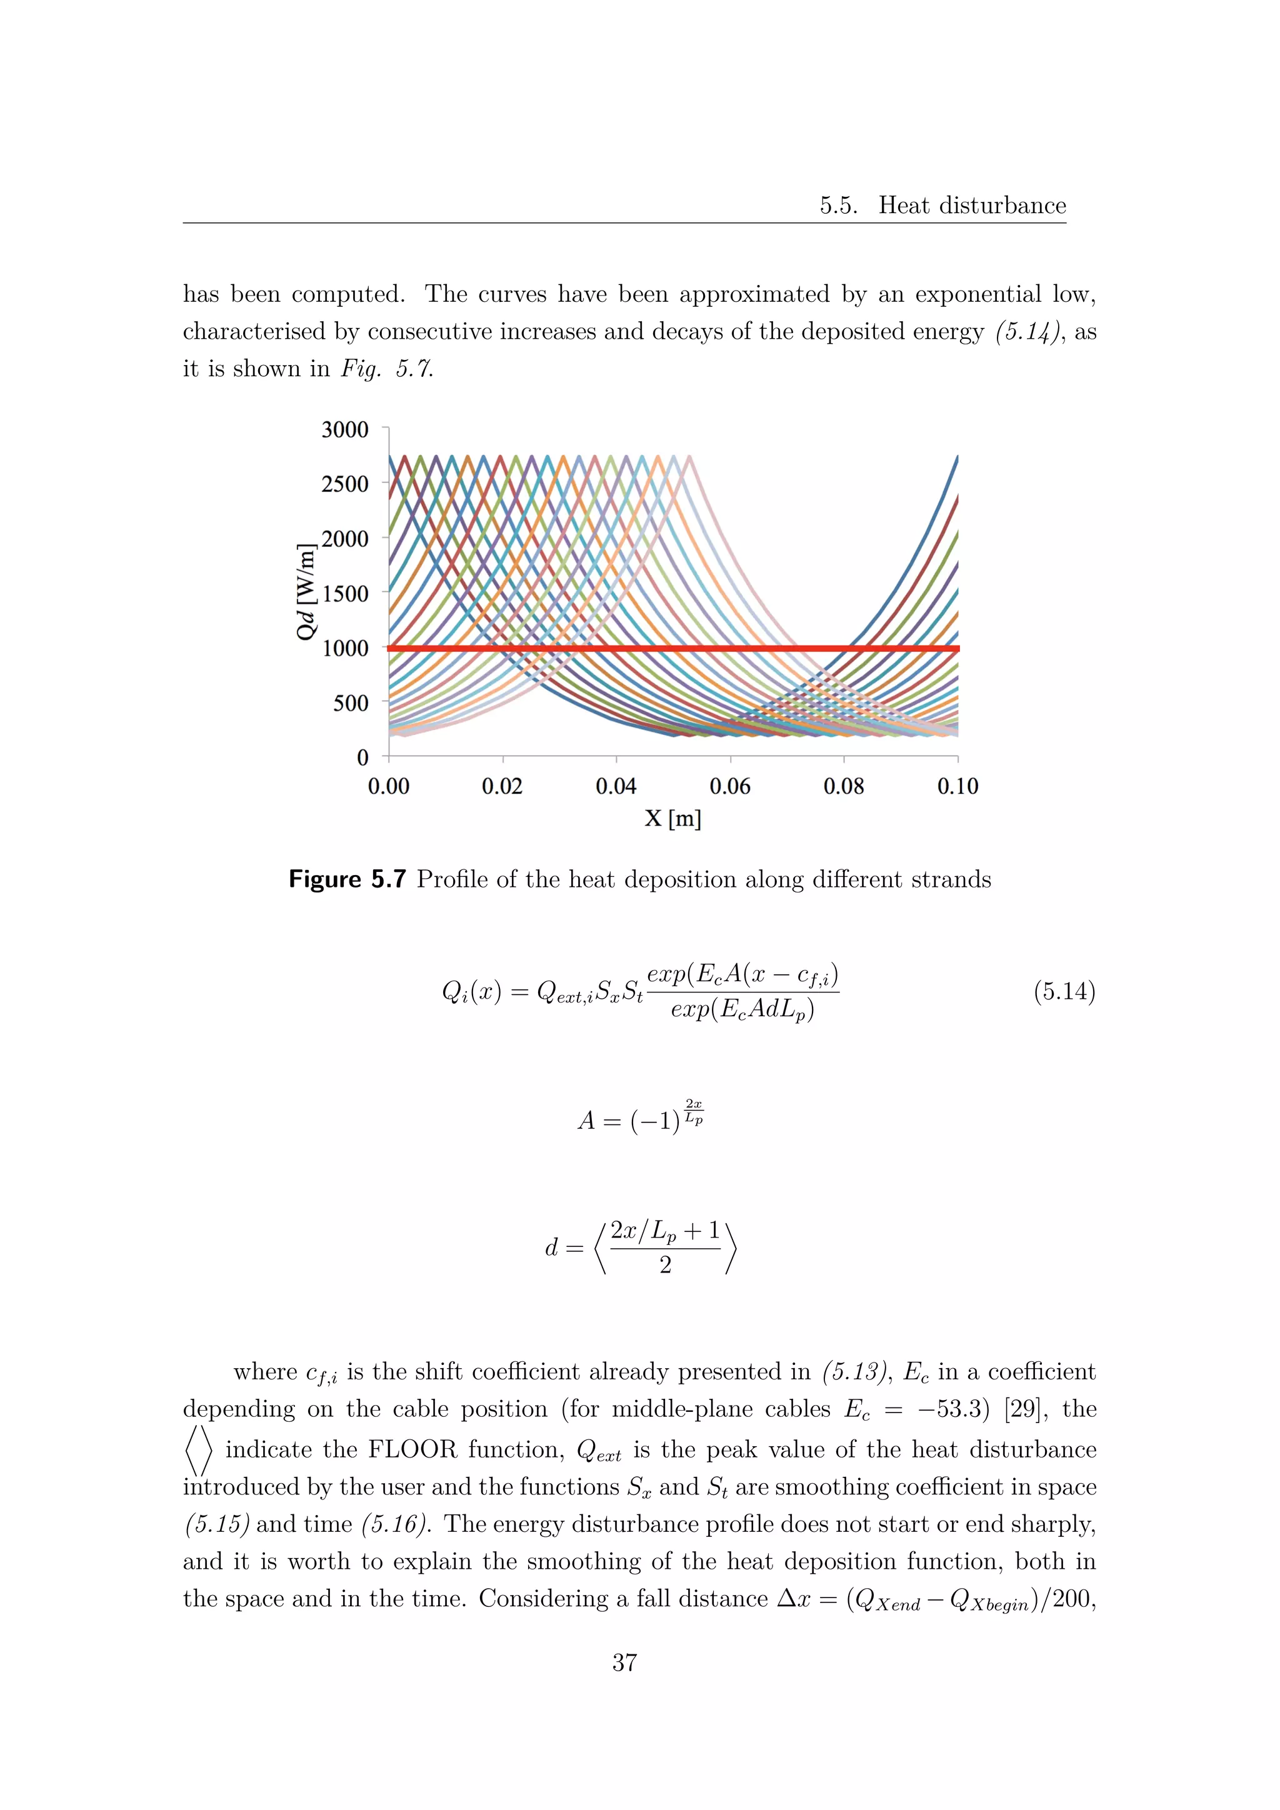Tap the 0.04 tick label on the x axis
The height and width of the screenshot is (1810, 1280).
[x=616, y=786]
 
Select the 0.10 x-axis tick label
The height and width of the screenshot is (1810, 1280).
[x=957, y=786]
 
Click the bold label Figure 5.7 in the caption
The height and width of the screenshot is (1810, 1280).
[x=347, y=879]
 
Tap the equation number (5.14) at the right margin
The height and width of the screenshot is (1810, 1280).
[x=1064, y=991]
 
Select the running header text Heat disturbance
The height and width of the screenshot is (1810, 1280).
[x=972, y=206]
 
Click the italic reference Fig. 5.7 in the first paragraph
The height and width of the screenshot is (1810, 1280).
[x=386, y=368]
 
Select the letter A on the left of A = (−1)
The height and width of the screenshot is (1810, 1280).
[x=586, y=1120]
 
